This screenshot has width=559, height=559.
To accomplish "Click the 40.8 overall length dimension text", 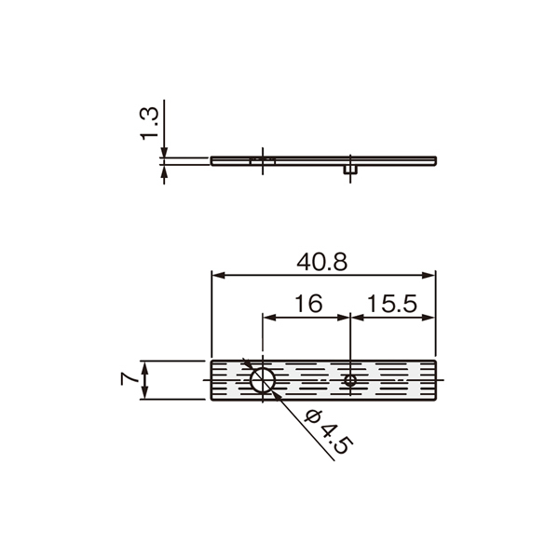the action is click(321, 262).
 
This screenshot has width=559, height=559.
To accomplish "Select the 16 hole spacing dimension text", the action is click(308, 304).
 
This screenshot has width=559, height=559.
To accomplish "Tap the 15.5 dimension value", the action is click(392, 304).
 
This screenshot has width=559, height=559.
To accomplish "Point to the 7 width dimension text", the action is click(130, 379).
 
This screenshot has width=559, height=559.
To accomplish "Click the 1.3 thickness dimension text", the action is click(149, 123).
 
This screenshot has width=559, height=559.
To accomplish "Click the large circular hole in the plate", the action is click(263, 380).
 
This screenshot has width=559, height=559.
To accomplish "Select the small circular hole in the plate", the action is click(350, 380).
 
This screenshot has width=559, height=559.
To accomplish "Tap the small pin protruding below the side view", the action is click(350, 170).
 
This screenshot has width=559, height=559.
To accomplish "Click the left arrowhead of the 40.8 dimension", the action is click(218, 275).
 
